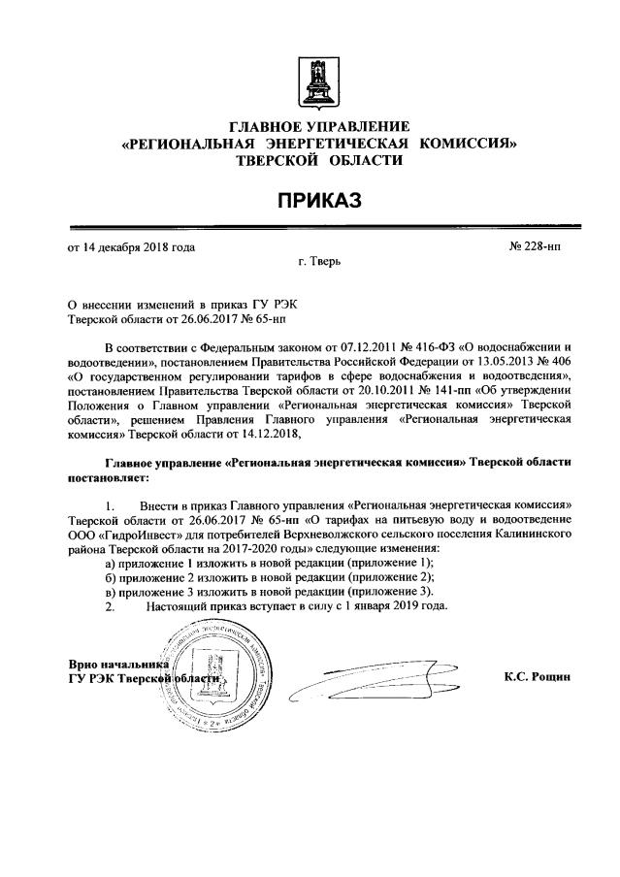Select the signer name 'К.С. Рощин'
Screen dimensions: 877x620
click(538, 675)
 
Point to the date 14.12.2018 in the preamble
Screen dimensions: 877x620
click(273, 434)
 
